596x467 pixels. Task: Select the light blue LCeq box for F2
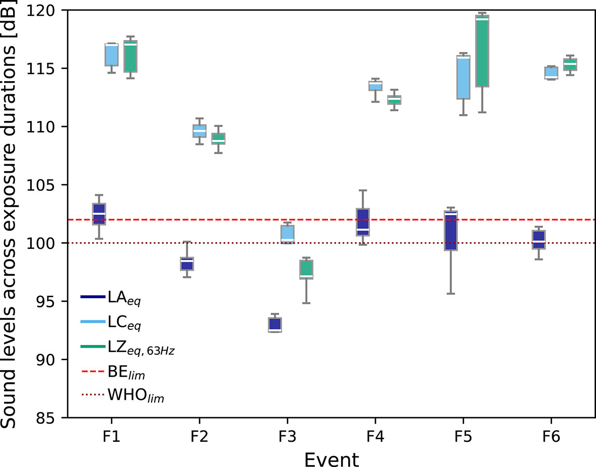pos(186,131)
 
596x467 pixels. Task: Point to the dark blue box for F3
pos(275,325)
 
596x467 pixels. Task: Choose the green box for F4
pos(394,100)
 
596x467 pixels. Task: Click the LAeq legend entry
pos(111,298)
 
